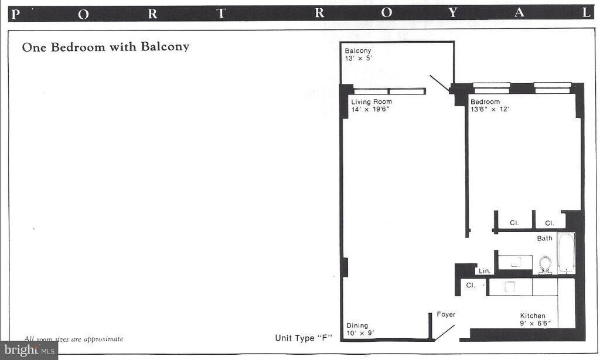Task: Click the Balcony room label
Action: (x=358, y=51)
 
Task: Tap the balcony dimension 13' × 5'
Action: (x=357, y=59)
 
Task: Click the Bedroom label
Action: (x=485, y=102)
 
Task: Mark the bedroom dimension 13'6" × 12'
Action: (x=490, y=110)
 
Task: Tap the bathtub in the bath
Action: (x=566, y=253)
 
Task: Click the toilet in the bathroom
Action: (x=546, y=264)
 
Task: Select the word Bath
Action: (x=545, y=238)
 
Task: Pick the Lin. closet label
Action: (x=485, y=271)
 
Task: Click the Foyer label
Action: (x=446, y=315)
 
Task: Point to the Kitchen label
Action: (x=533, y=316)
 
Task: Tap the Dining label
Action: (x=357, y=326)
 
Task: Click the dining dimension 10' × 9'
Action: (x=359, y=334)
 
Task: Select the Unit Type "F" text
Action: (x=304, y=338)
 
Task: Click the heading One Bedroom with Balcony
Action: (x=105, y=47)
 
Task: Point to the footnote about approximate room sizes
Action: (x=74, y=339)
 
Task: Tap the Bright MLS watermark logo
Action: (x=29, y=350)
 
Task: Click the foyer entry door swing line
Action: (x=444, y=332)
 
